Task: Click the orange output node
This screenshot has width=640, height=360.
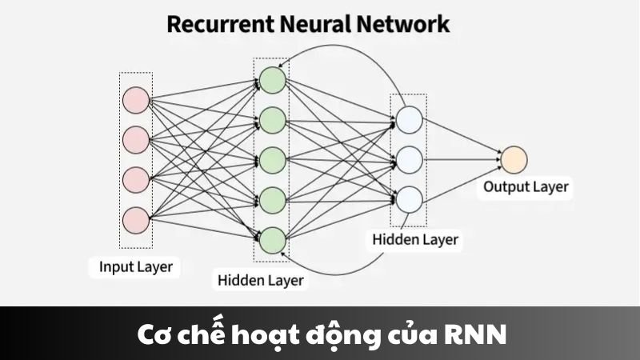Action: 513,158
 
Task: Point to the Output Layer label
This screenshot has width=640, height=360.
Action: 526,187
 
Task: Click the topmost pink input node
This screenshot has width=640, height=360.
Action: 135,101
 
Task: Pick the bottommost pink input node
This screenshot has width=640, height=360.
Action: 135,218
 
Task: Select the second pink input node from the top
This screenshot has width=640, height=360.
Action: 135,139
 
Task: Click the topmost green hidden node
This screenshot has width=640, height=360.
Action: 272,79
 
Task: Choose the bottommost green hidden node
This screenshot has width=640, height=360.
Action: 272,238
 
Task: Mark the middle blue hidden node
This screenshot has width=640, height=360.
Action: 408,158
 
